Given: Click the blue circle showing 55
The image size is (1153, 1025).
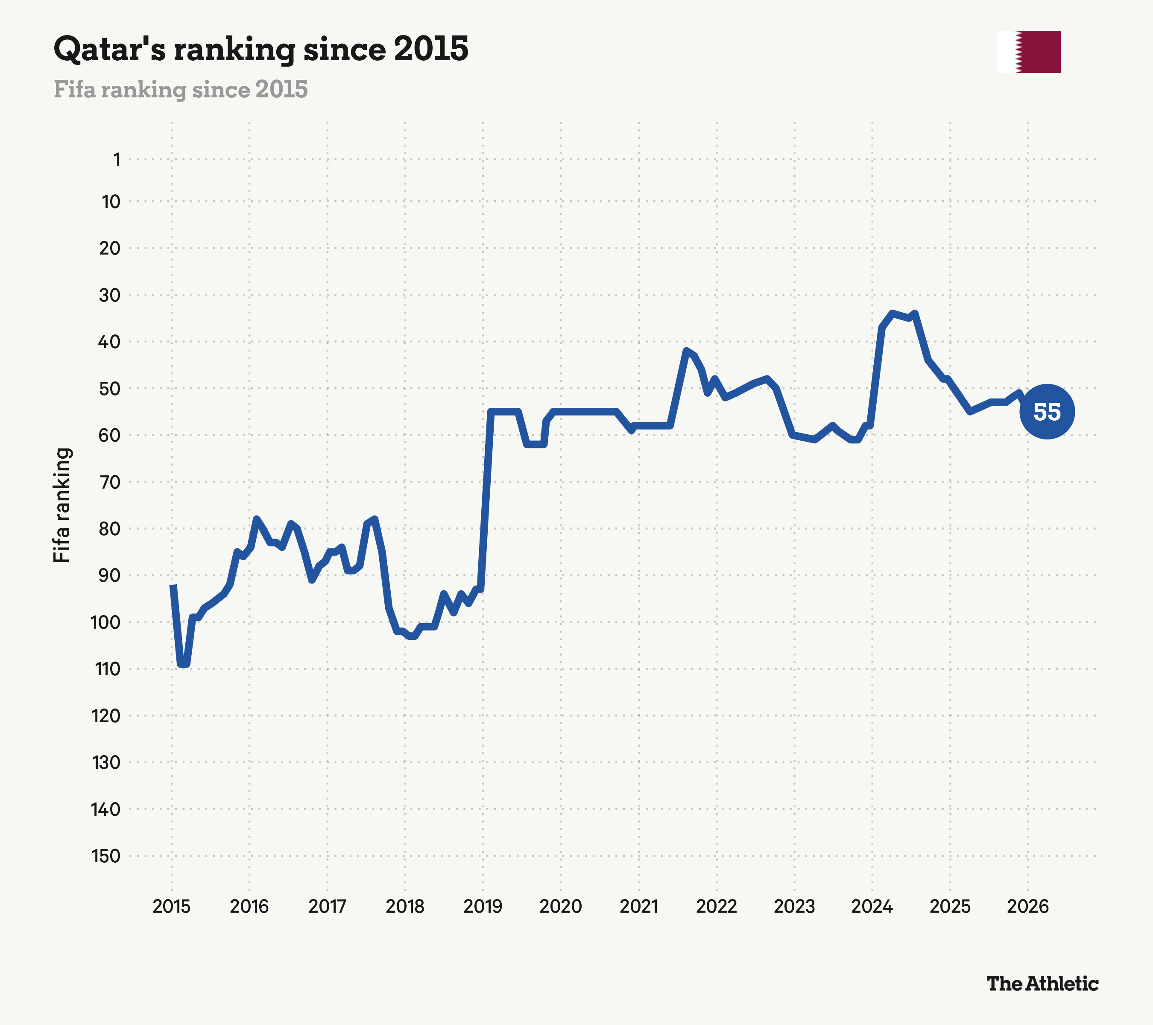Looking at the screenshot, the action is coord(1047,411).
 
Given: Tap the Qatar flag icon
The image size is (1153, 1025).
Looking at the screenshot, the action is coord(1028,52).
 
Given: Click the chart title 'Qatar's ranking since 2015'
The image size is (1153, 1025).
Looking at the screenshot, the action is coord(260,50).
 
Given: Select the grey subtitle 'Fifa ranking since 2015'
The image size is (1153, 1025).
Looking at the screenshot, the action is coord(181,89).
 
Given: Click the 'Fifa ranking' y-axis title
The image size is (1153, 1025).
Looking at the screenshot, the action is coord(61,505).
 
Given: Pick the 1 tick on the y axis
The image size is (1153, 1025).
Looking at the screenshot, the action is coord(117,160).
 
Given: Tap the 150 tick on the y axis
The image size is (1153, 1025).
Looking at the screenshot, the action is coord(106,856).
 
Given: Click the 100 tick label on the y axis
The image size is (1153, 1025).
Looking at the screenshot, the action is coord(105,622).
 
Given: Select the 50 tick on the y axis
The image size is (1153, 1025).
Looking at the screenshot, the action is coord(109,388).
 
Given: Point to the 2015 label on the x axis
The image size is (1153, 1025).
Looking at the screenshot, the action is coord(172,907).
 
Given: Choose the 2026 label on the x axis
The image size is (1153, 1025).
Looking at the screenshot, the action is coord(1028,907).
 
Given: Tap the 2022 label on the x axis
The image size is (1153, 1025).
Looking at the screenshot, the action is coord(717,907).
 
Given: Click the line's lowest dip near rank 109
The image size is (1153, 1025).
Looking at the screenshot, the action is coord(183,665).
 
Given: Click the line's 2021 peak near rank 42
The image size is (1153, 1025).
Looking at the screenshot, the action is coord(686,350).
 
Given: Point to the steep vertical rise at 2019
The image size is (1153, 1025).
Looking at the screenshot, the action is coord(486,501).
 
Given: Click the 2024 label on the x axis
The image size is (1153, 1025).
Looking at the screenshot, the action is coord(872,907).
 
